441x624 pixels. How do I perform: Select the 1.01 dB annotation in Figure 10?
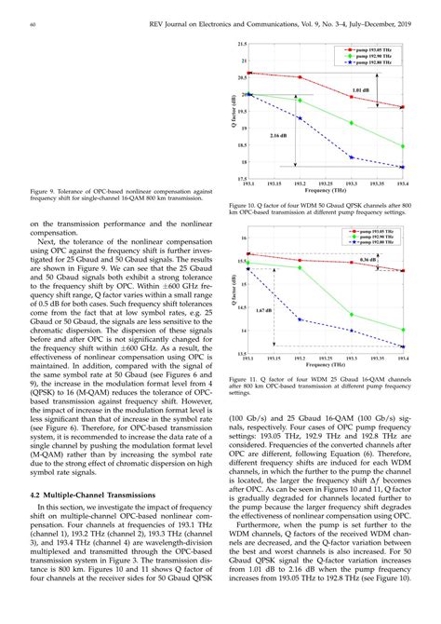pos(361,90)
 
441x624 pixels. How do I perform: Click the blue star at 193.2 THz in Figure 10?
pos(300,118)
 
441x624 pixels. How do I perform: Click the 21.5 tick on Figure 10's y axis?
pos(241,44)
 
